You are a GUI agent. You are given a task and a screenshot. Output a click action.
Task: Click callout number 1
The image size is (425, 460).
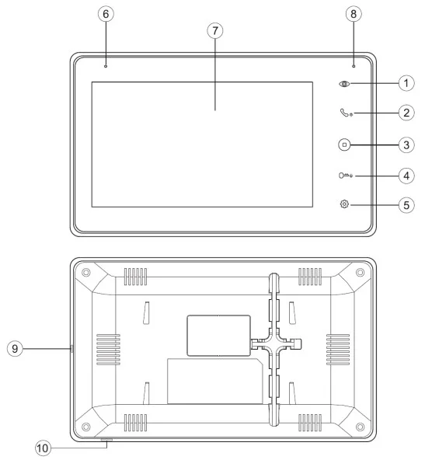[x=406, y=83]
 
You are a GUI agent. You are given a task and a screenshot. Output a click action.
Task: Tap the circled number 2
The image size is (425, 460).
[x=406, y=113]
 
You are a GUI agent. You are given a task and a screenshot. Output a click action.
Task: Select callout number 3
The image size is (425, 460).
[x=406, y=145]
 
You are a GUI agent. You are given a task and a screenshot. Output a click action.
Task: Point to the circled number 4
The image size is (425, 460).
[x=406, y=176]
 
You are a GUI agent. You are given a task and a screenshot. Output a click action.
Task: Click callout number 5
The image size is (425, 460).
[x=406, y=205]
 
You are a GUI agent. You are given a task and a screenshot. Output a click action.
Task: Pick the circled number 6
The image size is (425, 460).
[x=106, y=14]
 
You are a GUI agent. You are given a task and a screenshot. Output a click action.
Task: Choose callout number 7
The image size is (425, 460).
[x=215, y=30]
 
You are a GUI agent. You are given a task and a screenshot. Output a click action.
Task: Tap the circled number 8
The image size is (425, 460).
[x=354, y=14]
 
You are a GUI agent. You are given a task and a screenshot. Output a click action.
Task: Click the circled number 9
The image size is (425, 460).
[x=15, y=349]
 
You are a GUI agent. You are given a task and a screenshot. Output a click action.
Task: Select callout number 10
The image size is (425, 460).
[x=43, y=448]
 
